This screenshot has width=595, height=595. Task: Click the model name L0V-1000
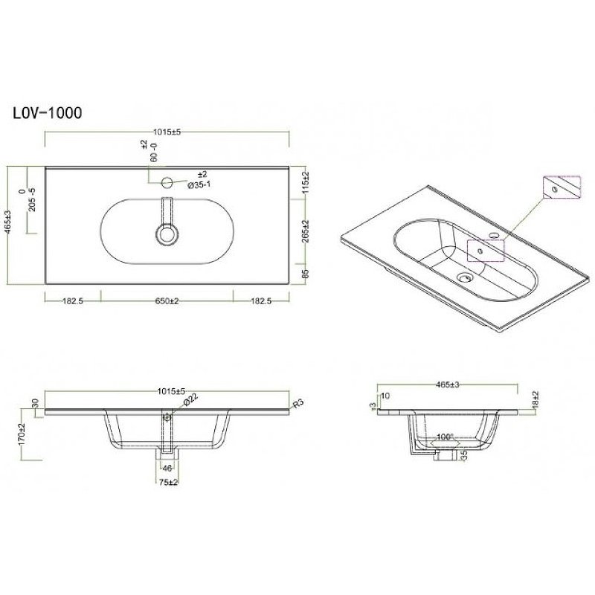pyautogui.click(x=47, y=113)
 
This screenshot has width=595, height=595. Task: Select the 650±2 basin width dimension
pyautogui.click(x=167, y=300)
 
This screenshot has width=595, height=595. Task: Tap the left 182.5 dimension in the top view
pyautogui.click(x=72, y=300)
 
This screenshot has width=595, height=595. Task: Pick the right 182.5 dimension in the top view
pyautogui.click(x=261, y=300)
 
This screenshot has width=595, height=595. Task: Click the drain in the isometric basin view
pyautogui.click(x=466, y=279)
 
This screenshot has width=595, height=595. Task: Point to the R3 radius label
pyautogui.click(x=299, y=404)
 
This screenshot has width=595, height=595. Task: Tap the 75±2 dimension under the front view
pyautogui.click(x=167, y=482)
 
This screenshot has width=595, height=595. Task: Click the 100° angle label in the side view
pyautogui.click(x=445, y=437)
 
